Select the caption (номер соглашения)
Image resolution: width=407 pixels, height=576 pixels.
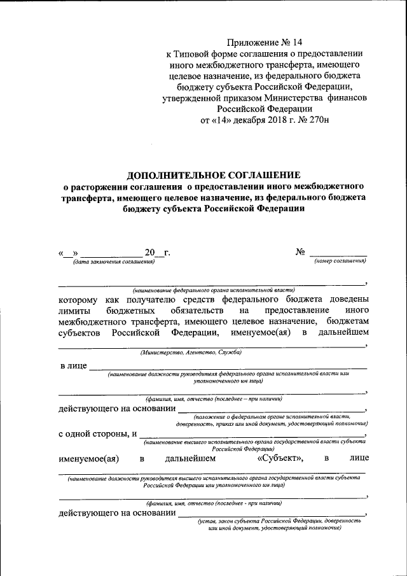(340, 262)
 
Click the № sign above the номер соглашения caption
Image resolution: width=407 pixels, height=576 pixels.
(301, 252)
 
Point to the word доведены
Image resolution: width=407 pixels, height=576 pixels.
(345, 299)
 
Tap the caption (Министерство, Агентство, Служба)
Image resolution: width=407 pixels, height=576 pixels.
(191, 352)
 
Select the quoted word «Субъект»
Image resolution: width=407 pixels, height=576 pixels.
(280, 458)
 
